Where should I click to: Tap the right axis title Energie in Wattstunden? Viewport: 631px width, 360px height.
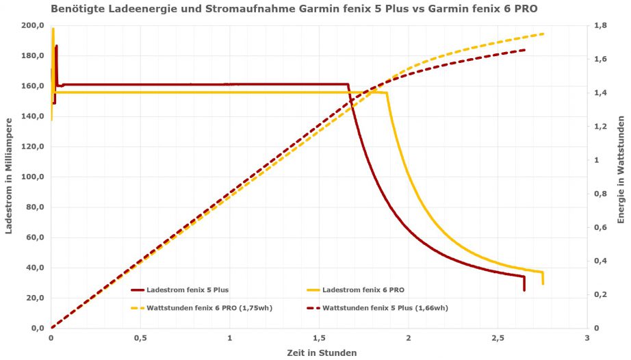[621, 177]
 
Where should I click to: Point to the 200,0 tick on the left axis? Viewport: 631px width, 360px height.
[33, 26]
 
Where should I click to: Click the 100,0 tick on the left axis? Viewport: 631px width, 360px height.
[33, 177]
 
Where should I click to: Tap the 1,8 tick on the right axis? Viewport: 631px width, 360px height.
[600, 26]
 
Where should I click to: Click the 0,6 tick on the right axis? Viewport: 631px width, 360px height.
[600, 227]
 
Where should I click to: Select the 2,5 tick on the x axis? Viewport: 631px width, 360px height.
[498, 338]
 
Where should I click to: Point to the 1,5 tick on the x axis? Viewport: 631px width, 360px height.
[319, 338]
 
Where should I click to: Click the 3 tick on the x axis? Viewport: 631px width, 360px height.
[587, 338]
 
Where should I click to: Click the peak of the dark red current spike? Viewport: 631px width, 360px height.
[56, 46]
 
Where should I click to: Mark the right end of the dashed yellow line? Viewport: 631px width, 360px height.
[543, 34]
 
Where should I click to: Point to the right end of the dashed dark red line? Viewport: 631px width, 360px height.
[525, 50]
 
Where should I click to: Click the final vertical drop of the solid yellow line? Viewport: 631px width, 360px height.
[543, 279]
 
